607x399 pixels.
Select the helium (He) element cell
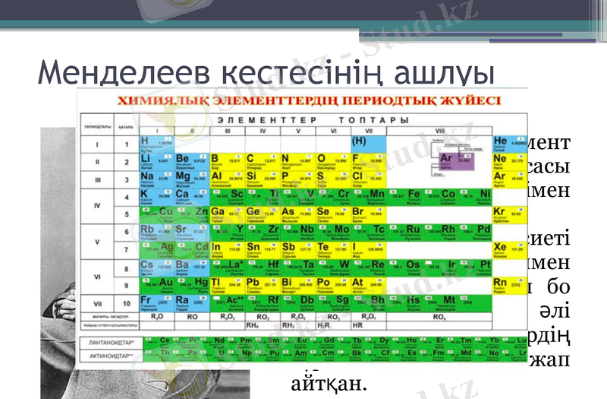[x=508, y=143]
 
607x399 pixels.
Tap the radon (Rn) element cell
[x=508, y=283]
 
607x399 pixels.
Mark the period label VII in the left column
[x=96, y=302]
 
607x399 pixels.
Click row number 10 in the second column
[x=126, y=302]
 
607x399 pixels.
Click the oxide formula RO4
[x=438, y=315]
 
